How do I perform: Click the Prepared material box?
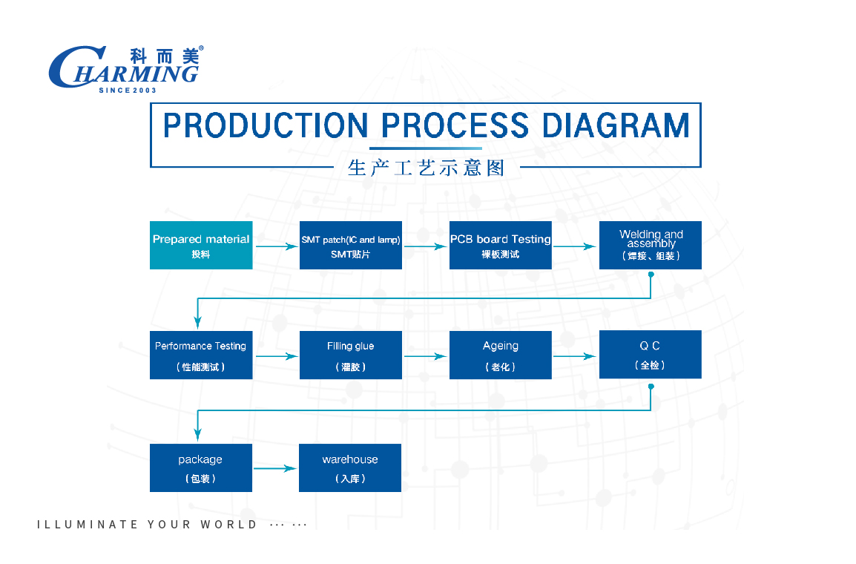point(201,245)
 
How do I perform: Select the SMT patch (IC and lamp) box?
point(350,245)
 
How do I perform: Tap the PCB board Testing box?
point(500,245)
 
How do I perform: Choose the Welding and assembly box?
point(651,245)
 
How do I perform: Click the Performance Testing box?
point(201,355)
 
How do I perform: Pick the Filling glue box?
point(350,355)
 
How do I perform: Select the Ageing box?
point(500,355)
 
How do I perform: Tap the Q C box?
point(651,354)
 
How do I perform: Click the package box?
point(201,468)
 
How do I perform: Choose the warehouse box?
point(350,468)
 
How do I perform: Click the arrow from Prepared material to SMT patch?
point(276,246)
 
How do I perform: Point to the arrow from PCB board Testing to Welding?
point(574,246)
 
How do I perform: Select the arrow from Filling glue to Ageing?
point(425,356)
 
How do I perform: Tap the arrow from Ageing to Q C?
point(574,356)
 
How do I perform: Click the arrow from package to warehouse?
point(275,468)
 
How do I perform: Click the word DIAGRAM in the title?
point(616,125)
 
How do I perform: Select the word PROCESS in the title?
point(455,125)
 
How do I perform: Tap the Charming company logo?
point(126,69)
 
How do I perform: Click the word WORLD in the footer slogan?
point(228,525)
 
